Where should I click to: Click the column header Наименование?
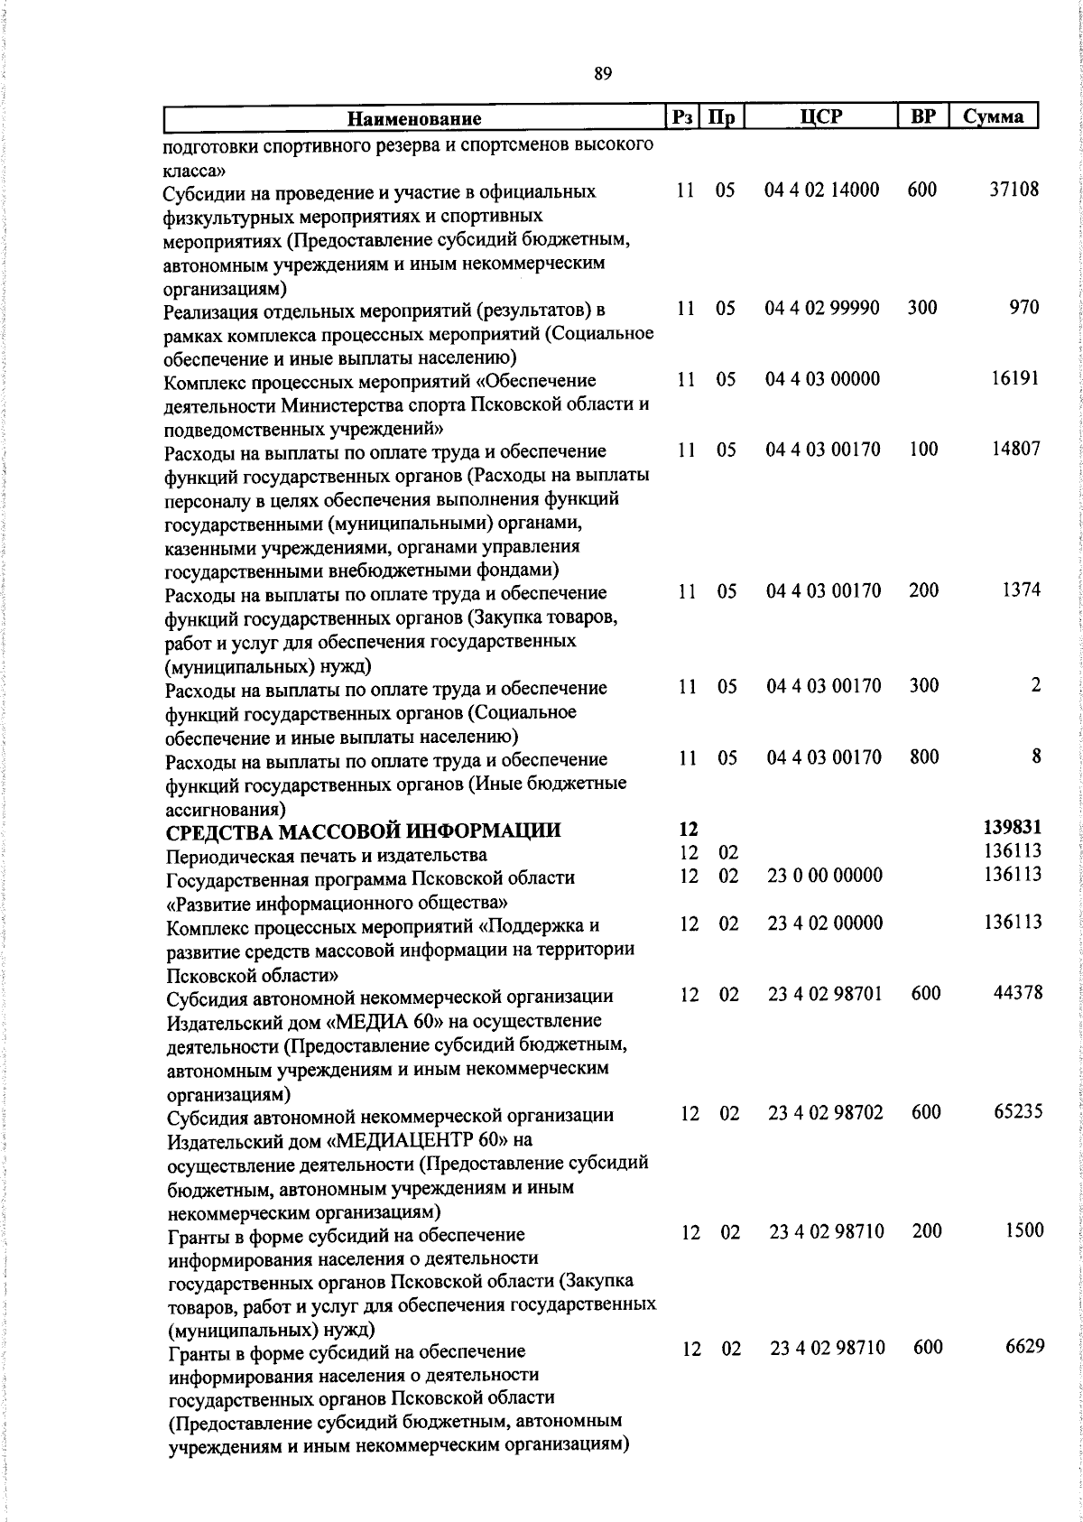coord(415,117)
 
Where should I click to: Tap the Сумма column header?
coord(993,116)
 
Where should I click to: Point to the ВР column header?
coord(922,116)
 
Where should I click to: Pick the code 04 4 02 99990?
coord(822,308)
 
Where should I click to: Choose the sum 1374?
coord(1021,590)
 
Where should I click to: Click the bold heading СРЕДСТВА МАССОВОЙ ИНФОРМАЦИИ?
coord(362,831)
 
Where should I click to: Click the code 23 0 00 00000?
coord(825,876)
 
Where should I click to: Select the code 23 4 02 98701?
coord(825,994)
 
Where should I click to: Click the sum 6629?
coord(1024,1347)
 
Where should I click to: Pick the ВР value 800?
coord(924,757)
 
